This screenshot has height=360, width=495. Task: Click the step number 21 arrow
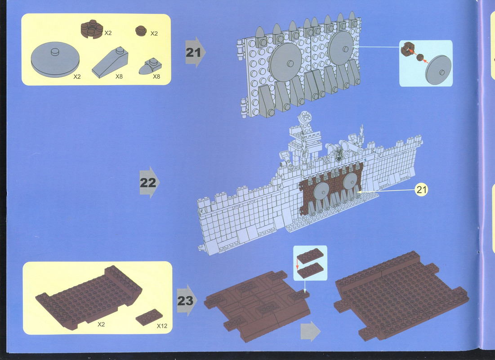195,52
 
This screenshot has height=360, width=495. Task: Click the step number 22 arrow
149,182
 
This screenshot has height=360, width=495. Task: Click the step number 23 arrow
187,300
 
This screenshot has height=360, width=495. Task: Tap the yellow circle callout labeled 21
421,189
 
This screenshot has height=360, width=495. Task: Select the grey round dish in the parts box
55,59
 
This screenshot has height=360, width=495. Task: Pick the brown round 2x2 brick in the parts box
92,29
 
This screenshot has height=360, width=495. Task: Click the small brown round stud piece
141,31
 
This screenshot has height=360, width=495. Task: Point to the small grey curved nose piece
150,66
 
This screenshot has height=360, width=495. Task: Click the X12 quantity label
162,326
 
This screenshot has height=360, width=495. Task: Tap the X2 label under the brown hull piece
101,324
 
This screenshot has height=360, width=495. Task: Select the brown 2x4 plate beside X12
149,317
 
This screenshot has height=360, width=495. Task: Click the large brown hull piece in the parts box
89,297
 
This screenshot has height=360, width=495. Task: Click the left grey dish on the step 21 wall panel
285,62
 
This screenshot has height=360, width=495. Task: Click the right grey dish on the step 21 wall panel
341,48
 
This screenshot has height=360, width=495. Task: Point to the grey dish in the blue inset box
438,70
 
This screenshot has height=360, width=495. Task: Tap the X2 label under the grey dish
77,76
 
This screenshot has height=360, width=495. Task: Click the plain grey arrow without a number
310,331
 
